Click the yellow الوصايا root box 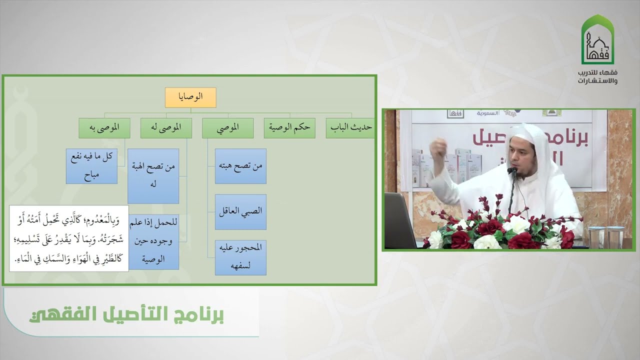tap(190, 97)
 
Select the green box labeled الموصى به tap(104, 128)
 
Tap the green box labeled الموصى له tap(166, 128)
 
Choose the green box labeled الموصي tap(227, 128)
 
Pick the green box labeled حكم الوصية tap(289, 128)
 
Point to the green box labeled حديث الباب tap(350, 128)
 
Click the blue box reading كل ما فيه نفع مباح tap(92, 166)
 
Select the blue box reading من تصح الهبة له tap(153, 175)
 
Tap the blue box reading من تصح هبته tap(240, 166)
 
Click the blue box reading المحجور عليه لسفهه tap(240, 257)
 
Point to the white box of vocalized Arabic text tap(69, 238)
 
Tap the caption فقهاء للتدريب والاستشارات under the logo tap(598, 76)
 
